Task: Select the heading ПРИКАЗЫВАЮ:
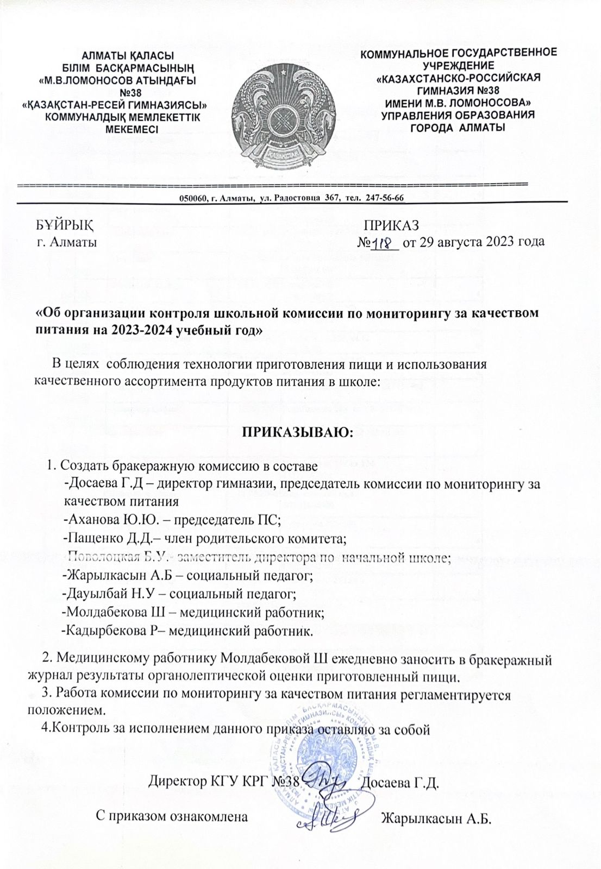pos(297,432)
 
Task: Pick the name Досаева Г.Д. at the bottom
pos(401,783)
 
